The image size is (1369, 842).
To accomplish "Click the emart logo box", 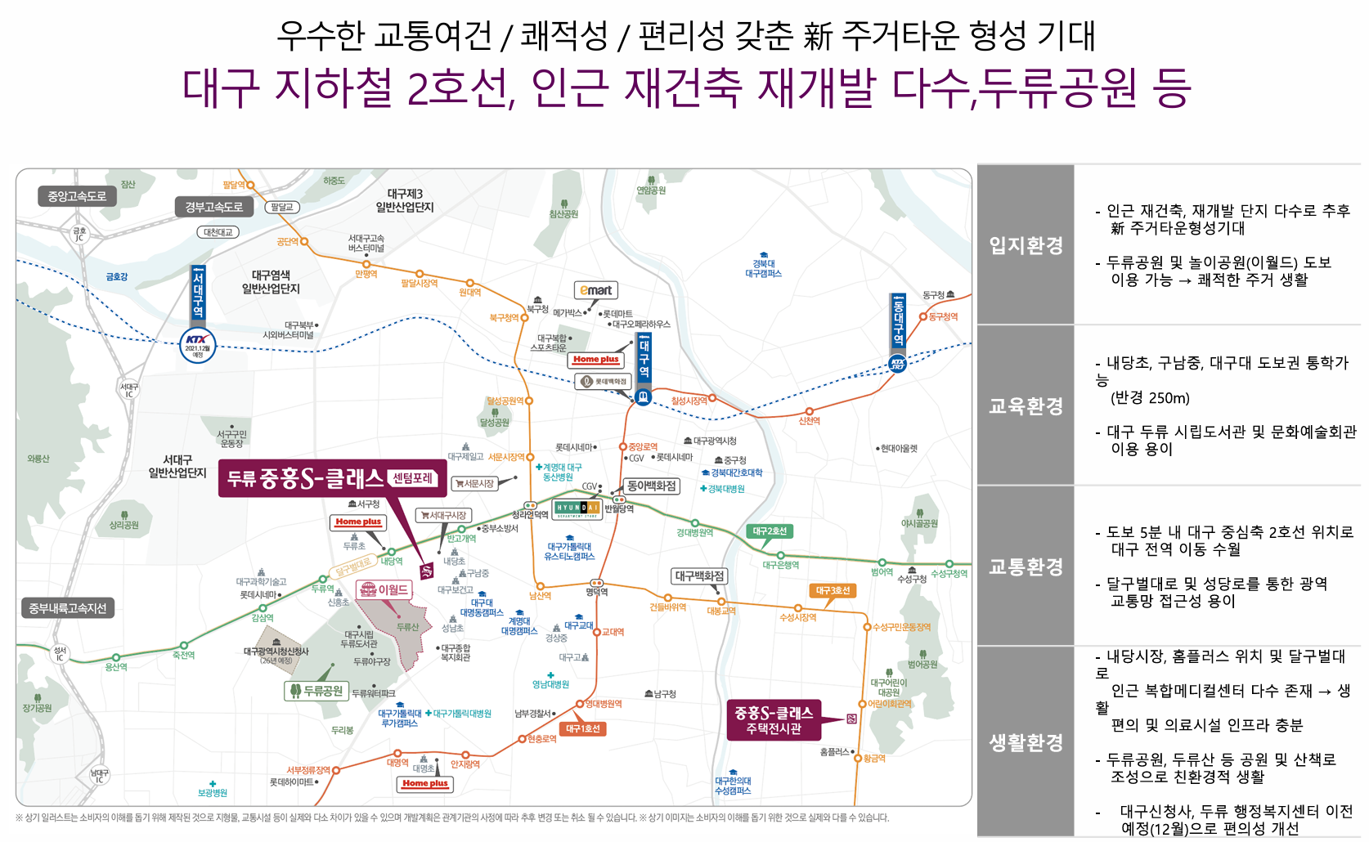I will coord(595,290).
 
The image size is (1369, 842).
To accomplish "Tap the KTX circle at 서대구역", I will coord(197,344).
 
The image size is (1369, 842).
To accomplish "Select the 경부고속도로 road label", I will coord(213,207).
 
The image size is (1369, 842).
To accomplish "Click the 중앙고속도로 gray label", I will coord(76,196).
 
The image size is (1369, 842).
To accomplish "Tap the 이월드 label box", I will coord(384,589).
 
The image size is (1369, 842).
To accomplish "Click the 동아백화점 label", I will coord(651,486).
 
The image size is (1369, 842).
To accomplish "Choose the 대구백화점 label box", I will coord(700,576).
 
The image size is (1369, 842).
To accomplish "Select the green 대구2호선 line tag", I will coord(769,531).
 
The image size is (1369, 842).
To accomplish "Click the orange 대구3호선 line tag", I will coord(833,590).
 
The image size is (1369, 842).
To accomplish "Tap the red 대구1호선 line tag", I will coord(583,728).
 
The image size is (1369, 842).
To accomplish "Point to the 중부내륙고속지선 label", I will coord(67,608).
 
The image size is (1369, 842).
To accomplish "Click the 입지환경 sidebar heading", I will coord(1026,244).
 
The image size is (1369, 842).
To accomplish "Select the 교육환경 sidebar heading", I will coord(1026,405).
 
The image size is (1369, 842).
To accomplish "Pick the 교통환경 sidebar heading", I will coord(1026,566).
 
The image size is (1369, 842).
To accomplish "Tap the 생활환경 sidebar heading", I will coord(1026,742).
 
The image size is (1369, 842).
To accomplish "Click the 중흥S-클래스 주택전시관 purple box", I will coord(773,720).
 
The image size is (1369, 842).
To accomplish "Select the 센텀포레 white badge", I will coord(413,478).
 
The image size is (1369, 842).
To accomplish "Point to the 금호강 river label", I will coord(116,277).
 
